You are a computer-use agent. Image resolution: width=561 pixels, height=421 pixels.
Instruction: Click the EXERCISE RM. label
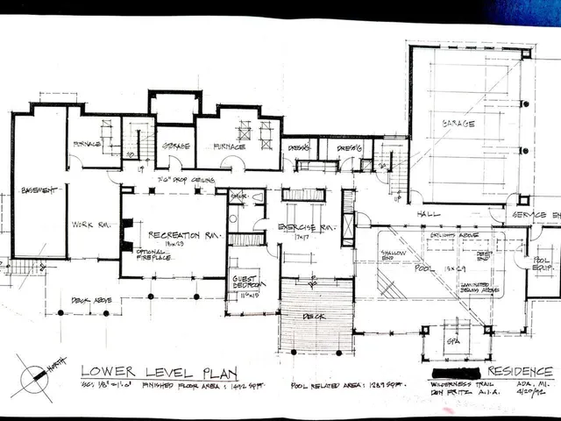pyautogui.click(x=302, y=228)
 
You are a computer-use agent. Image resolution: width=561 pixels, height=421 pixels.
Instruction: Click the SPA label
pyautogui.click(x=453, y=342)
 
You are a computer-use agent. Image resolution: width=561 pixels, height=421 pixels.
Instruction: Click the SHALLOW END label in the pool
pyautogui.click(x=390, y=255)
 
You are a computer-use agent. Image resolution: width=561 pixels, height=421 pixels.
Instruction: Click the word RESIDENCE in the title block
pyautogui.click(x=523, y=371)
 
